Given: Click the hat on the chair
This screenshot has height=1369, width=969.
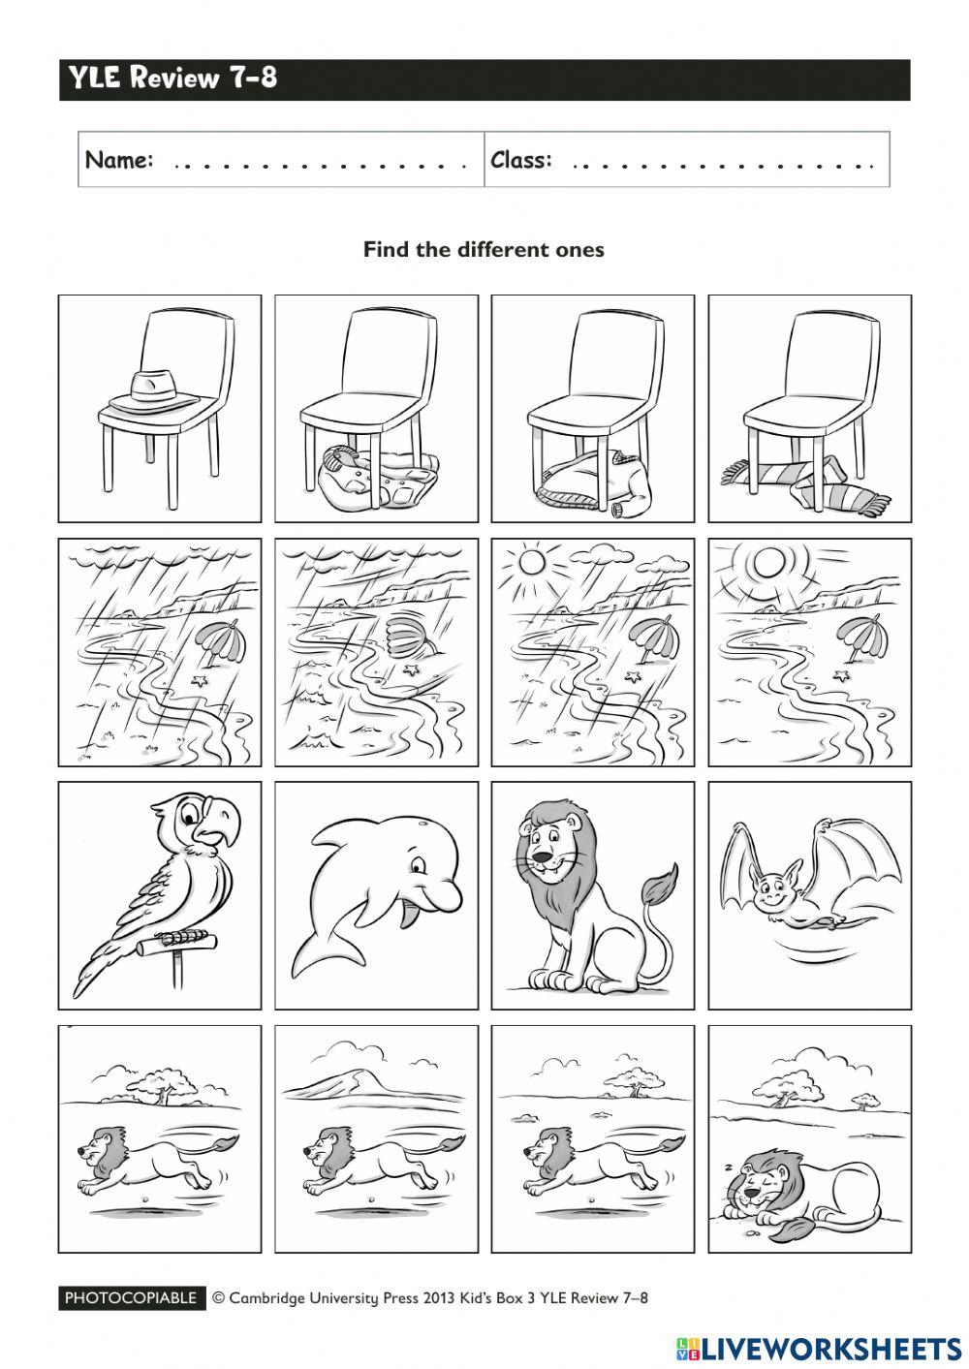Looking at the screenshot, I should click(x=151, y=389).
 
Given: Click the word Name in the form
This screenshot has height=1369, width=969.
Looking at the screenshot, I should click(x=119, y=160).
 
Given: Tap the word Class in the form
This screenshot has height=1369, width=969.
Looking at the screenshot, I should click(x=521, y=160).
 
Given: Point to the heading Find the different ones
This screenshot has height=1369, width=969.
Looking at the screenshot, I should click(x=484, y=250).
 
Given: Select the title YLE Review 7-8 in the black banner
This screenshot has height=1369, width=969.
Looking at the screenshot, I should click(x=172, y=78).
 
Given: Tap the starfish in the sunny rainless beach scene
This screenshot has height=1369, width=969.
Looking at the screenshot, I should click(x=844, y=675).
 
